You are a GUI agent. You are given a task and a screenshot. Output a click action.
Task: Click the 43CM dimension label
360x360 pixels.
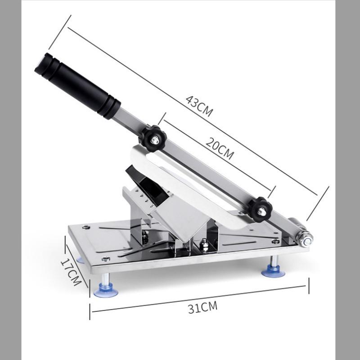(199, 106)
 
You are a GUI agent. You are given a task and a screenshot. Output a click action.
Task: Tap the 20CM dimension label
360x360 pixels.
(220, 148)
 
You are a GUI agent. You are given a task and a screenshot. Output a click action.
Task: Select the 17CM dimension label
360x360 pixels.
(71, 272)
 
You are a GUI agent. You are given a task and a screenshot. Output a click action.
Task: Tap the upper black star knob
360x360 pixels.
(153, 138)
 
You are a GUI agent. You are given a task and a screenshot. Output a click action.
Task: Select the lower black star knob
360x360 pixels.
(260, 209)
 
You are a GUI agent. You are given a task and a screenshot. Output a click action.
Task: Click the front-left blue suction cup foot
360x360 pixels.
(106, 291)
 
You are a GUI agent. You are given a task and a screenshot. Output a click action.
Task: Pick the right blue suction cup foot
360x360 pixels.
(273, 272)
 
